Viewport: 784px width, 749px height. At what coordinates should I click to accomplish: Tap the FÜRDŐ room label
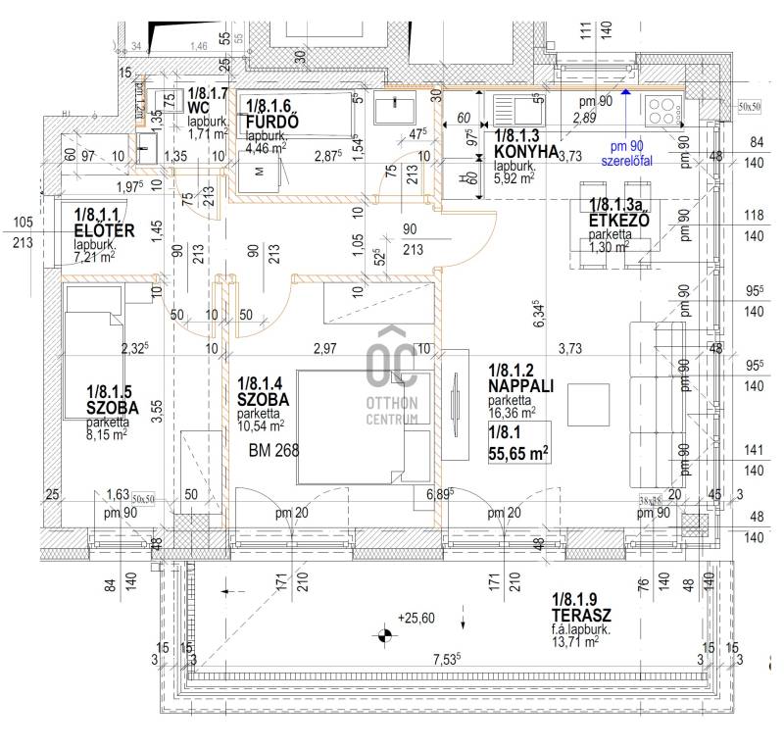coord(272,121)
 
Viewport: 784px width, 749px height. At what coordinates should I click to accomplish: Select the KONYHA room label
coord(526,152)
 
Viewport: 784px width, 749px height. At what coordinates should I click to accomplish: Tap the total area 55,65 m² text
coord(516,452)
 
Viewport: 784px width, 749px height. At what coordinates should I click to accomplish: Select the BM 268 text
coord(273,451)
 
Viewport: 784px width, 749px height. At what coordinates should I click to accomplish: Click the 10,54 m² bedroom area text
coord(261,425)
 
